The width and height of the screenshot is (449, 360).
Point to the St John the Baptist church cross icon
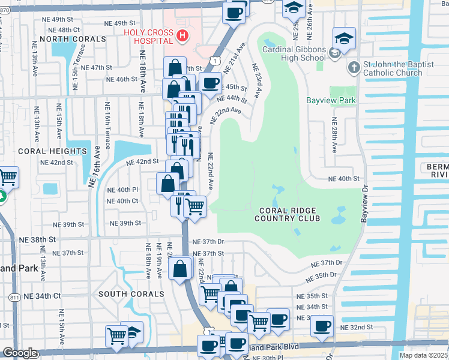pyautogui.click(x=353, y=67)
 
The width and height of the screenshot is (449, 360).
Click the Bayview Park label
pyautogui.click(x=331, y=100)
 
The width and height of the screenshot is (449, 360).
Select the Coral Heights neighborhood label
pyautogui.click(x=44, y=151)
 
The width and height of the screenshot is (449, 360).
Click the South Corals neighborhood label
pyautogui.click(x=131, y=294)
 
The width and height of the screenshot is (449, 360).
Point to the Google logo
pyautogui.click(x=20, y=353)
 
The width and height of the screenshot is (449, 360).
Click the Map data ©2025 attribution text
pyautogui.click(x=423, y=355)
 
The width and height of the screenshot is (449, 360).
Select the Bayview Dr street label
pyautogui.click(x=364, y=207)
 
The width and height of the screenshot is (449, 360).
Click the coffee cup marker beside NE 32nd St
pyautogui.click(x=322, y=326)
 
